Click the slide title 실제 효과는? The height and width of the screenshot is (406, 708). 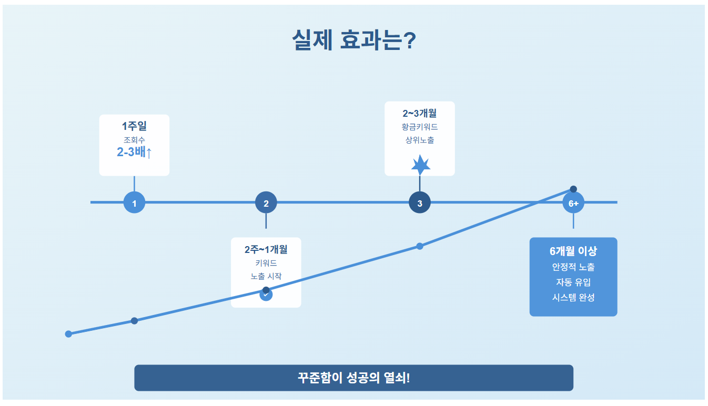(354, 40)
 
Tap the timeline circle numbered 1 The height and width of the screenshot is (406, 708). (134, 202)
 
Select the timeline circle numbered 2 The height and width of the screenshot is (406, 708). (266, 202)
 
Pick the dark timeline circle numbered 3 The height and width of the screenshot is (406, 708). (420, 202)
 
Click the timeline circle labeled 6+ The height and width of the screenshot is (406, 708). (573, 203)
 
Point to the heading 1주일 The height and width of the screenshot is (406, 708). (134, 126)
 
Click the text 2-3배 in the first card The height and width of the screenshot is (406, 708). (131, 153)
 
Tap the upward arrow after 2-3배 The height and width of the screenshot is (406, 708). (149, 153)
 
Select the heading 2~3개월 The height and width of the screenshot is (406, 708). (420, 113)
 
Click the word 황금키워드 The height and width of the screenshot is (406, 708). (420, 127)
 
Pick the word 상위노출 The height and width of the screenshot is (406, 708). (420, 140)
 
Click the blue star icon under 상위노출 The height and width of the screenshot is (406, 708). (420, 165)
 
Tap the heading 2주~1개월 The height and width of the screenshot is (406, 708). (266, 249)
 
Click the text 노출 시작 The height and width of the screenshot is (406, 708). (266, 276)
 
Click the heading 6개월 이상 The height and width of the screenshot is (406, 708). (573, 251)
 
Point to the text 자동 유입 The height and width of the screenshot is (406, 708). (573, 282)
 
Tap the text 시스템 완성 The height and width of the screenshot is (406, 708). (573, 297)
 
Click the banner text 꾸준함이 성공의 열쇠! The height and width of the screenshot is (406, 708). (353, 378)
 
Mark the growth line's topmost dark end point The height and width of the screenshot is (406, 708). (573, 189)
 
